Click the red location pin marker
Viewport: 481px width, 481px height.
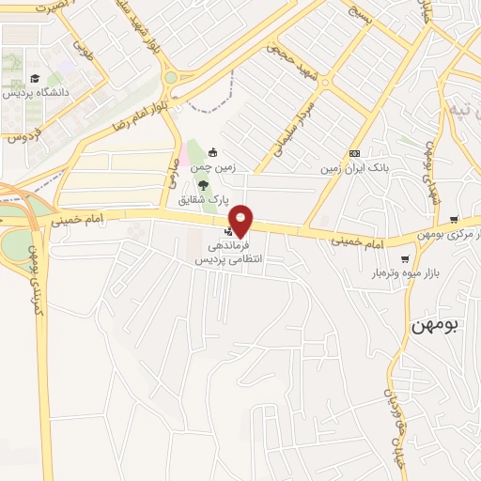241,221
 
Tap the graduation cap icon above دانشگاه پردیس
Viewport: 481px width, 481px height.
34,78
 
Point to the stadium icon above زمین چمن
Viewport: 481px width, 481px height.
213,152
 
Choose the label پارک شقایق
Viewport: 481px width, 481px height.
204,200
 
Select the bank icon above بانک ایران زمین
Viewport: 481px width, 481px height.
354,153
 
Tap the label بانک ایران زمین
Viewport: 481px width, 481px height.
351,168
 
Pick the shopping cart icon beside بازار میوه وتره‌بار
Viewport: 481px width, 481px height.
405,258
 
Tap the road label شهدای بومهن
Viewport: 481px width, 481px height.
428,160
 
